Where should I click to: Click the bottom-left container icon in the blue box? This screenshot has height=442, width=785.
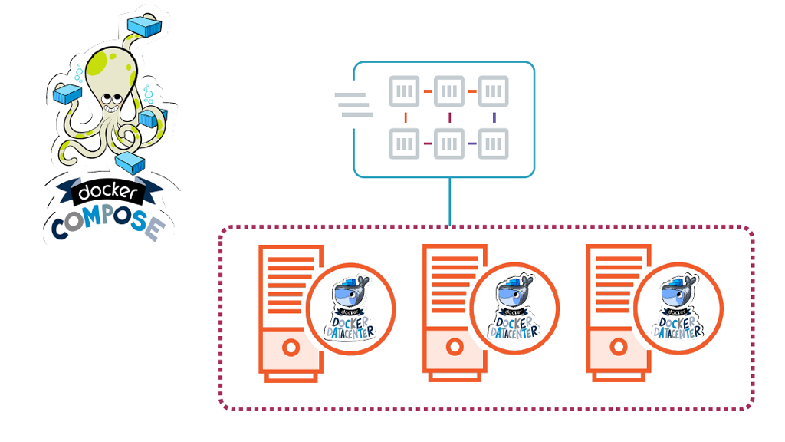tap(404, 143)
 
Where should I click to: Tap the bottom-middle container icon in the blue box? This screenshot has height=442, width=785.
tap(449, 143)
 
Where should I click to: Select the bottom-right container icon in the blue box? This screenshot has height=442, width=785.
tap(494, 143)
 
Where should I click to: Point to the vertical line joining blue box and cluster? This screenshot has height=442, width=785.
tap(449, 201)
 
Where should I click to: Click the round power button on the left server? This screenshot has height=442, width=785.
tap(291, 348)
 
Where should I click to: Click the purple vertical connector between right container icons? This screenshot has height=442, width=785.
tap(494, 117)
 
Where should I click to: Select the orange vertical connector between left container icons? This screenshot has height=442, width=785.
tap(404, 117)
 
